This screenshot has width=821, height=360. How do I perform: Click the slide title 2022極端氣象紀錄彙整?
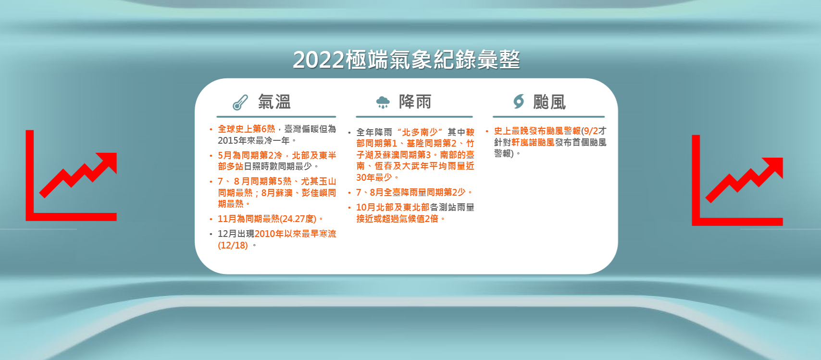tap(407, 60)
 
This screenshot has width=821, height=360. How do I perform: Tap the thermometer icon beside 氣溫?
tap(240, 102)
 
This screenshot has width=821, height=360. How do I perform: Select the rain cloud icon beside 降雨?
tap(383, 102)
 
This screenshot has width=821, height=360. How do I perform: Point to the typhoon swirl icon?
tap(519, 101)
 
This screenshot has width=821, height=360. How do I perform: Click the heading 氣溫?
tap(274, 102)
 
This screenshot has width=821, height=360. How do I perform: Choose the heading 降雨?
tap(415, 101)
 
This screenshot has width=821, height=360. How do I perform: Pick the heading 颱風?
tap(549, 102)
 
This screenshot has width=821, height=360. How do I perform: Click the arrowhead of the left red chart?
tap(109, 161)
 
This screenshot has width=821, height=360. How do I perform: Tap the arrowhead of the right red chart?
tap(774, 166)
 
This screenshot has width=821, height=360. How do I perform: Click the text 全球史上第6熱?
tap(246, 129)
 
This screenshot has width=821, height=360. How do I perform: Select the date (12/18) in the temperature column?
tap(233, 245)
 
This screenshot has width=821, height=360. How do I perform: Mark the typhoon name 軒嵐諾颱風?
tap(533, 143)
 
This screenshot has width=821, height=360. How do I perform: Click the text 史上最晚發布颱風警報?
tap(537, 131)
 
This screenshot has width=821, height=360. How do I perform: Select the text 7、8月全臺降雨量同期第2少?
tap(411, 192)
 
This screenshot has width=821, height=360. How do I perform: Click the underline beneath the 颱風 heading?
tap(548, 117)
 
